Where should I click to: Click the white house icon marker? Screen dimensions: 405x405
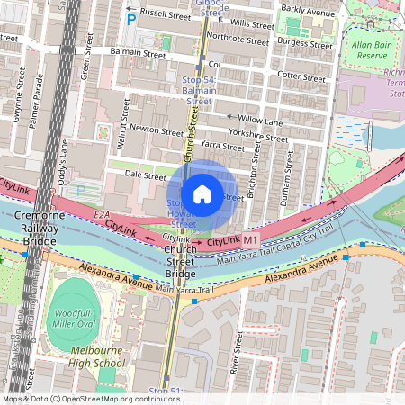click(202, 193)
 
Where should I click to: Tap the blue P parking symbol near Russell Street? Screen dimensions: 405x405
click(131, 19)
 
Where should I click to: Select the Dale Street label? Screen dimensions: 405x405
click(144, 176)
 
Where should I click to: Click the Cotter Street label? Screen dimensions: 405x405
click(301, 76)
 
